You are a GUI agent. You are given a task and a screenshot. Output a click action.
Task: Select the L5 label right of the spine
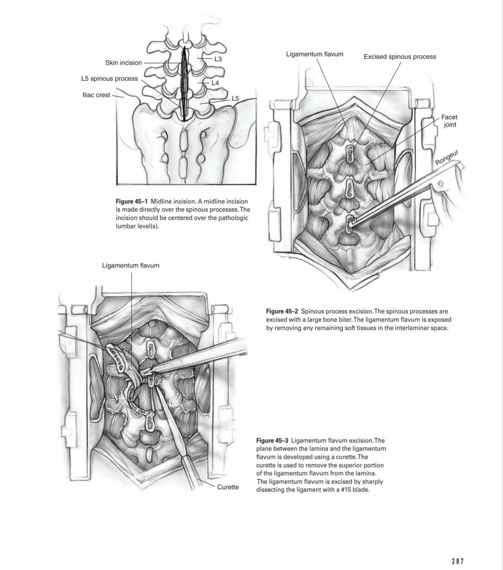(x=236, y=98)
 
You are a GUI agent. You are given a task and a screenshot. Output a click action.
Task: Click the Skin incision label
(x=124, y=62)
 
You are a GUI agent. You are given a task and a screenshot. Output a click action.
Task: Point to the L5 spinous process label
(x=110, y=79)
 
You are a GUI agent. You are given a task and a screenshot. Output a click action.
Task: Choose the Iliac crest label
(x=96, y=95)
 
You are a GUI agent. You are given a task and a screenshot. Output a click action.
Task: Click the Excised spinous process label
(x=400, y=57)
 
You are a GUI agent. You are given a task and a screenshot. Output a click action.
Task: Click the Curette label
(x=228, y=487)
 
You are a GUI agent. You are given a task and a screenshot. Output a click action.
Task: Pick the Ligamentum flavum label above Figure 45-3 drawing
(x=131, y=265)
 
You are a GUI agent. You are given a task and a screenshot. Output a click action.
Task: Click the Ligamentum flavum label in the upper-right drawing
(x=315, y=55)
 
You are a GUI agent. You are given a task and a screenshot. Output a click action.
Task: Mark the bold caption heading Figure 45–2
(x=282, y=311)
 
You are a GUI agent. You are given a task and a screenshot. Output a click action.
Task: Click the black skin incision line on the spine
(x=184, y=84)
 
